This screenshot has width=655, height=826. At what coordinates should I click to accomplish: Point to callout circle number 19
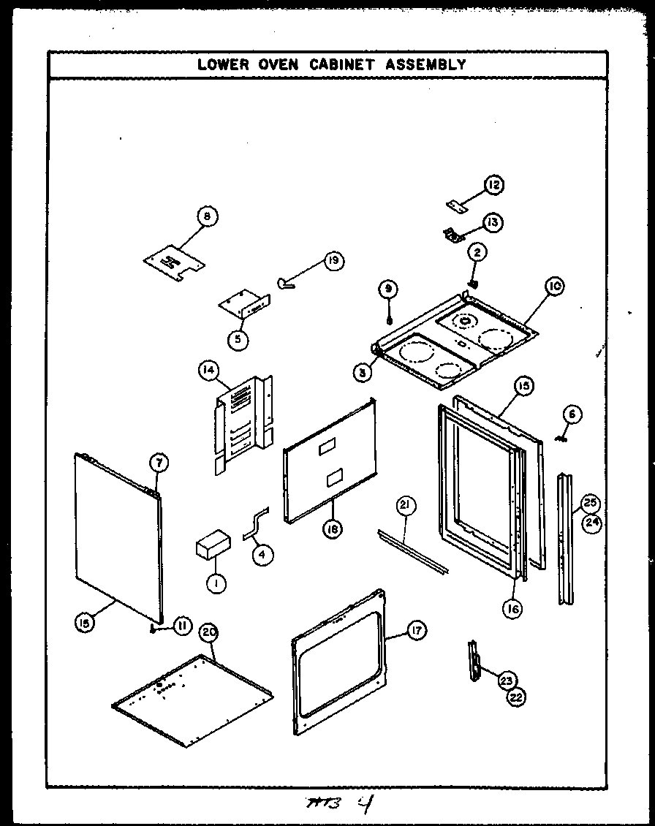pos(333,261)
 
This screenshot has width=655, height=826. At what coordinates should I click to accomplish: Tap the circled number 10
pos(553,288)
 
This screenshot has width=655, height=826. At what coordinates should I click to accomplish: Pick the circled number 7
pos(159,462)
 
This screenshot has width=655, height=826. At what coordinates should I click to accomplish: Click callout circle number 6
pos(572,414)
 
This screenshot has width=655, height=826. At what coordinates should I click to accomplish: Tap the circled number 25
pos(591,503)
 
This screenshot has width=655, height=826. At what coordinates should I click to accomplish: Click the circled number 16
pos(514,608)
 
